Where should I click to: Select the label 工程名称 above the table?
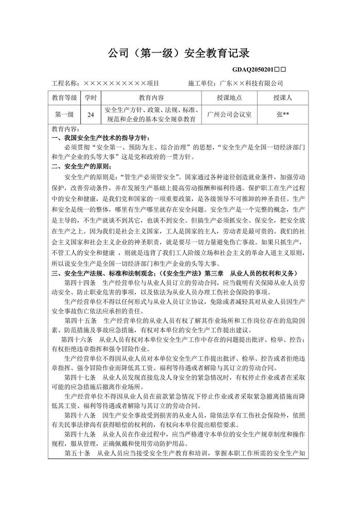[x=65, y=83]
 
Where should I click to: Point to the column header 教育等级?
[x=65, y=98]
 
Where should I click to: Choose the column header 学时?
[x=90, y=98]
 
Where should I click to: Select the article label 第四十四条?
[x=79, y=282]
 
